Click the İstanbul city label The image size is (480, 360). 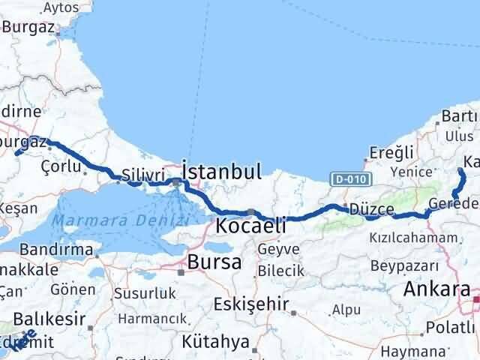click(222, 172)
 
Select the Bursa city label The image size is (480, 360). click(214, 262)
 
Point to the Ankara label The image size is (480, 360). click(437, 289)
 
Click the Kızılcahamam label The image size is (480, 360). click(412, 238)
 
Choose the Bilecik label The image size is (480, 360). click(279, 270)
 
